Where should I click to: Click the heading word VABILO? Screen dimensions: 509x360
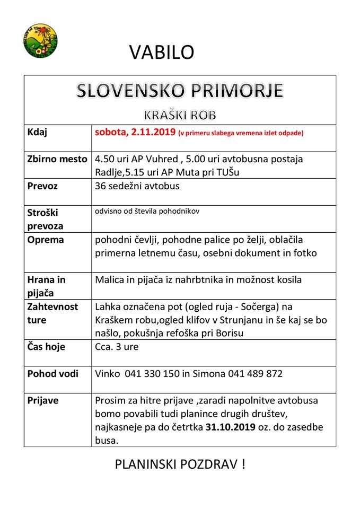pyautogui.click(x=162, y=51)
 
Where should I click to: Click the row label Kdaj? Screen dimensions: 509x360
pyautogui.click(x=37, y=133)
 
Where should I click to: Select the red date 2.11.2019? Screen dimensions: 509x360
pyautogui.click(x=151, y=133)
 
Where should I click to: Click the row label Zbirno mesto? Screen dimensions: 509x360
pyautogui.click(x=57, y=159)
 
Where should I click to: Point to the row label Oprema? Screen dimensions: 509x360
pyautogui.click(x=45, y=240)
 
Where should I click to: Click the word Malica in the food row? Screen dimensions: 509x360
pyautogui.click(x=109, y=279)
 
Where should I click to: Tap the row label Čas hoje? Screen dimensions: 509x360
pyautogui.click(x=46, y=347)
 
